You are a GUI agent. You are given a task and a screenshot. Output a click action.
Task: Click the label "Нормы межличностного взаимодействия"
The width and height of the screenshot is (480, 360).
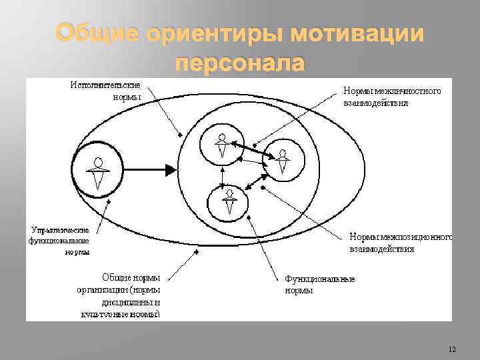[391, 97]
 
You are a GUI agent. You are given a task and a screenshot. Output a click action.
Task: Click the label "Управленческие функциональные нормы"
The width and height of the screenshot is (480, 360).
[59, 240]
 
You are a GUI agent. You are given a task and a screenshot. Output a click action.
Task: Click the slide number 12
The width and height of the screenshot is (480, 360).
[452, 349]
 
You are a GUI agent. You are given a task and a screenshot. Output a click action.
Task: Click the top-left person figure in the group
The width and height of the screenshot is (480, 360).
[222, 147]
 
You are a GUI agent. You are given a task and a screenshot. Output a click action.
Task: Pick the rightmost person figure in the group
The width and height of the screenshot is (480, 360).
[283, 162]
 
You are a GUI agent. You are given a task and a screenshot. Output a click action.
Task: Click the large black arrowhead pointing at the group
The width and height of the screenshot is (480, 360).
[171, 171]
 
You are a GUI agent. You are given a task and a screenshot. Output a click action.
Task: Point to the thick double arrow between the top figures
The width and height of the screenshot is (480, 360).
[251, 149]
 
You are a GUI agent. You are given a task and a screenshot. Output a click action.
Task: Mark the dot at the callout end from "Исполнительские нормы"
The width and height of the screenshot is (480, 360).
[179, 136]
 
